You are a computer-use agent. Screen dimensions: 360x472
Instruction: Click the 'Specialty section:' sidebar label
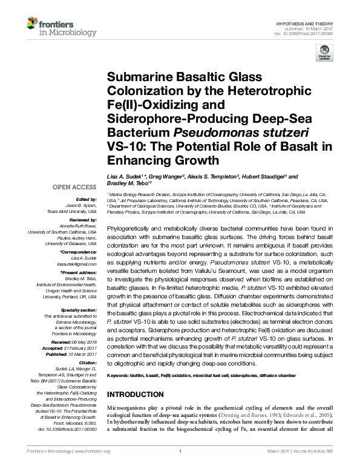pos(77,309)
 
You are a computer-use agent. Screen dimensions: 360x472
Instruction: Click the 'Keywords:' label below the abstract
pos(120,376)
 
